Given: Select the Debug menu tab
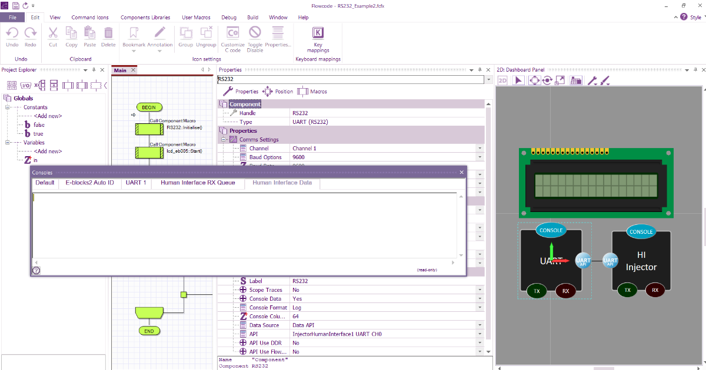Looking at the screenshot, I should (229, 18).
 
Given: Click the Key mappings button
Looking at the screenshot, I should (318, 39).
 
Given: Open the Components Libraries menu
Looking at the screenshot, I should (145, 18).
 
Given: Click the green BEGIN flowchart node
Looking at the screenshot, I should (149, 107).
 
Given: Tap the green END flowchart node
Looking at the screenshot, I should (149, 331).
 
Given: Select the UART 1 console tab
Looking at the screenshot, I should (136, 183).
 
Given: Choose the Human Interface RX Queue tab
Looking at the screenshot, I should (198, 183).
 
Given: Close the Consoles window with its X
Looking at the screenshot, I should (461, 173).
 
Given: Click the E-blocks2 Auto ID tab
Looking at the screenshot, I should (89, 183).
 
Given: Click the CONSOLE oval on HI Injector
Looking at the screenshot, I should (641, 232).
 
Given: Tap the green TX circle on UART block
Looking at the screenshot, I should (536, 290).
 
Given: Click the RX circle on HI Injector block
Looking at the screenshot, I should (655, 290).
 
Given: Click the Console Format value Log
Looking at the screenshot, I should (297, 308).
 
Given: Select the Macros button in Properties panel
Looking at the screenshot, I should (312, 92).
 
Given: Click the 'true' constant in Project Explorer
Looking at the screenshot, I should (38, 134).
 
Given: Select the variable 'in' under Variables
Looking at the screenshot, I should (35, 160).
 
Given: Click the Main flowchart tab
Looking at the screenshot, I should (120, 70).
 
